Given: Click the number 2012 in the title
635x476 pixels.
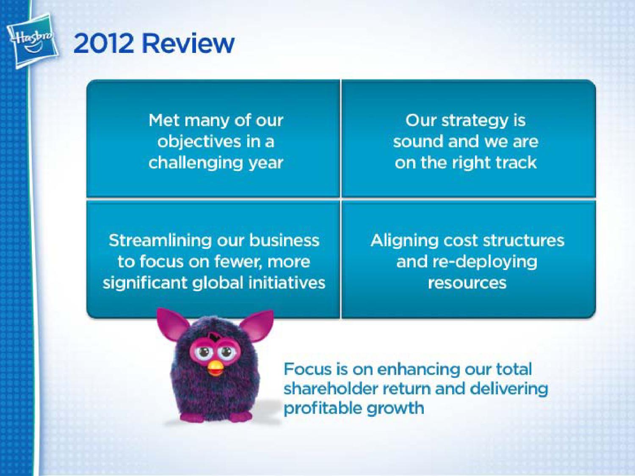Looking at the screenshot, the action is (x=104, y=44).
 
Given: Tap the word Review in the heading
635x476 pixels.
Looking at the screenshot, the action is (x=188, y=43).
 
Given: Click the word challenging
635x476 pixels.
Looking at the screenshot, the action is (x=195, y=163).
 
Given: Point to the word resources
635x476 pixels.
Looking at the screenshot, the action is (x=467, y=283).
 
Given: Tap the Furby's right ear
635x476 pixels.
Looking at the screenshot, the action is (x=257, y=325).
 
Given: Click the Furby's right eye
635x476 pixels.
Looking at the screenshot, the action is (x=225, y=352).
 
